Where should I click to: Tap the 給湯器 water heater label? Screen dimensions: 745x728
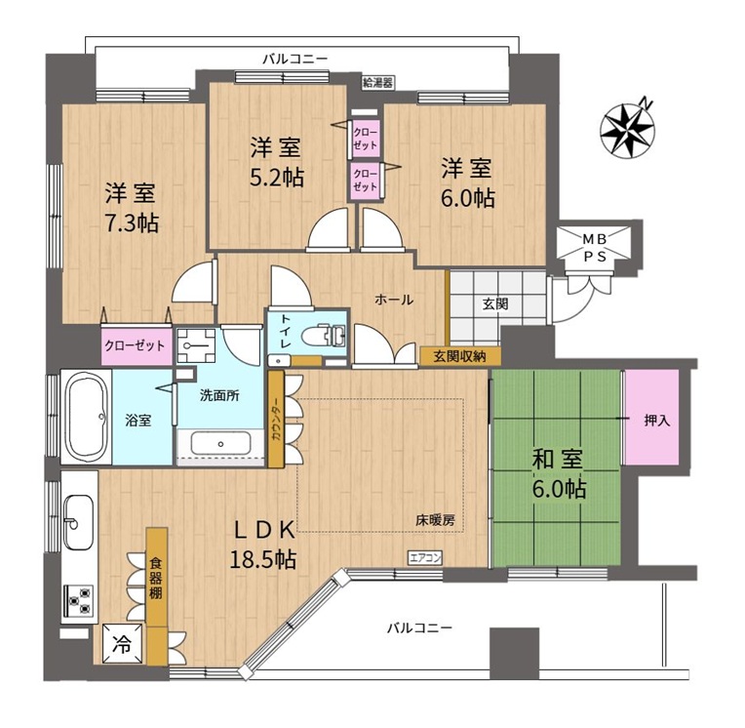(x=377, y=83)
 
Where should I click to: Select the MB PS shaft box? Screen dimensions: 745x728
(x=595, y=248)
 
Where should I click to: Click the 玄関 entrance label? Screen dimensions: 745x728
(x=495, y=303)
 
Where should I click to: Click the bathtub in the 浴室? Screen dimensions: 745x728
(x=86, y=417)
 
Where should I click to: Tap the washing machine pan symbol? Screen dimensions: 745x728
(x=196, y=345)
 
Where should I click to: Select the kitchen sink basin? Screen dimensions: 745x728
(x=78, y=522)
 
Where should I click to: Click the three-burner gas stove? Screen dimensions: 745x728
(x=78, y=600)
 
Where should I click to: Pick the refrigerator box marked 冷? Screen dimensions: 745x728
(x=123, y=643)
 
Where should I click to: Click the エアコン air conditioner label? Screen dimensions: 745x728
(x=425, y=557)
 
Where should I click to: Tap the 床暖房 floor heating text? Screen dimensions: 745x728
(x=435, y=521)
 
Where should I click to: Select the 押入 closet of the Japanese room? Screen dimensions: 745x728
(x=651, y=418)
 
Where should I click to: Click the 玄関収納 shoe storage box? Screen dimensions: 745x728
(x=460, y=356)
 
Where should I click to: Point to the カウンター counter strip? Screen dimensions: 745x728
(x=276, y=419)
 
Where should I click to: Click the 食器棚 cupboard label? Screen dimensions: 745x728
(x=156, y=579)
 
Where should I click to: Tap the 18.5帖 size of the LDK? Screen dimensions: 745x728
(x=262, y=559)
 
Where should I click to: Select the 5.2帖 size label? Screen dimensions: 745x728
(x=277, y=178)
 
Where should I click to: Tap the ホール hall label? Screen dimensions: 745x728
(x=393, y=300)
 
